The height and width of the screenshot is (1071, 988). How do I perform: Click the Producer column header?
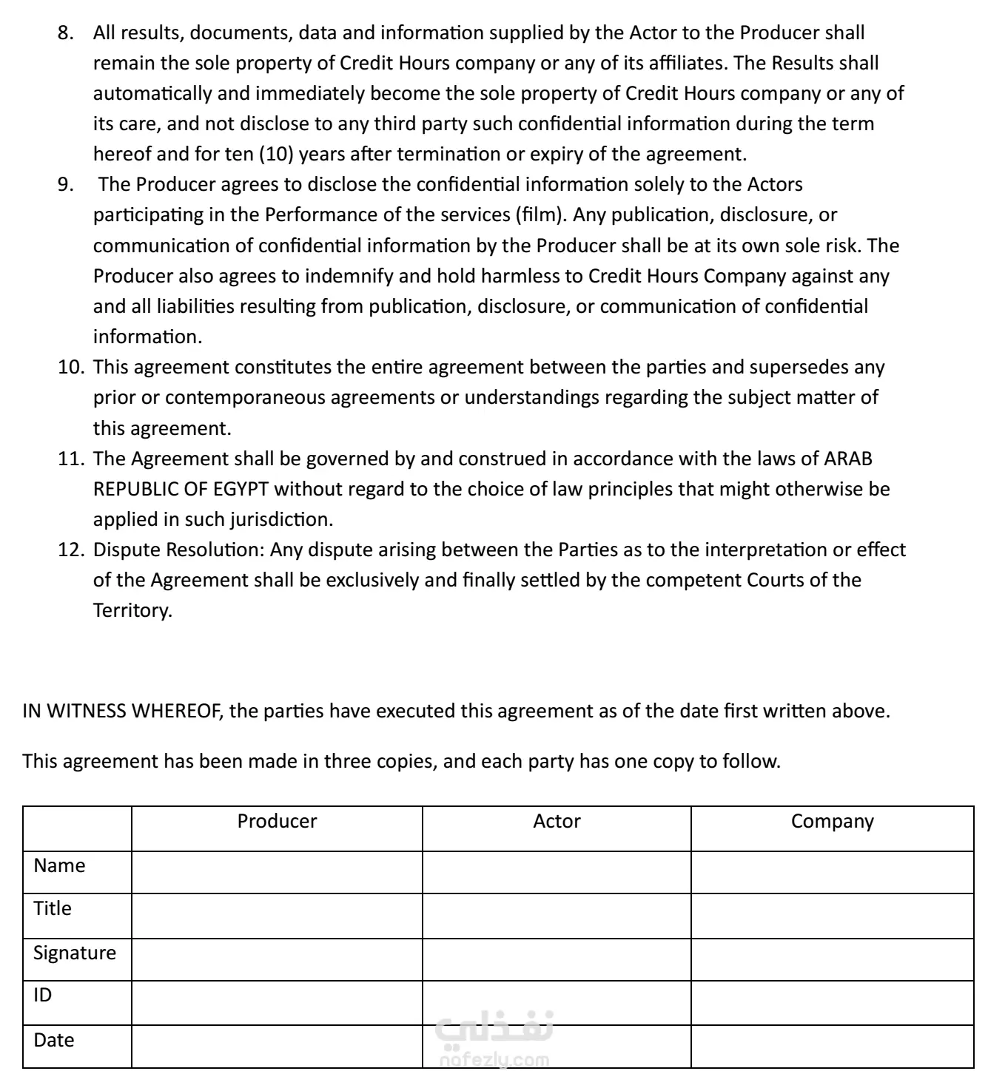coord(277,822)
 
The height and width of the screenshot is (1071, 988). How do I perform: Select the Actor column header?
coord(557,822)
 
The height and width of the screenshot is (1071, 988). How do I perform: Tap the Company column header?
coord(832,822)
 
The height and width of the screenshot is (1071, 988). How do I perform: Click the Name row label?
coord(59,865)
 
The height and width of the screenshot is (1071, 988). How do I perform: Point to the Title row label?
coord(53,908)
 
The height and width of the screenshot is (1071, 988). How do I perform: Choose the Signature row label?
coord(75,953)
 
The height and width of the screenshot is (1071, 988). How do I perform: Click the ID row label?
coord(43,996)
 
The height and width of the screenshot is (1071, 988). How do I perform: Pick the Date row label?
coord(54,1040)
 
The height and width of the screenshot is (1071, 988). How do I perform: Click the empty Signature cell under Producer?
coord(277,959)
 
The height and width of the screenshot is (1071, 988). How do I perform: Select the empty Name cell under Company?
coord(832,872)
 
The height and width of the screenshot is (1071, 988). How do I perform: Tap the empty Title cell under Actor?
coord(557,916)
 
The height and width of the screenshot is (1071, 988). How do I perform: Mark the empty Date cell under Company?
coord(832,1046)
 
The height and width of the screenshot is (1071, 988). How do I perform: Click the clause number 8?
coord(66,33)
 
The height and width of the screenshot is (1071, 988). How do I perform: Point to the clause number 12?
coord(71,550)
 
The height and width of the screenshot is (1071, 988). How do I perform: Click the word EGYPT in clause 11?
coord(241,490)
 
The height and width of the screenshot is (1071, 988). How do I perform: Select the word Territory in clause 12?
coord(131,611)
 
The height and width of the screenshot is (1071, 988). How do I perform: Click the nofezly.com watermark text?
coord(494,1061)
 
